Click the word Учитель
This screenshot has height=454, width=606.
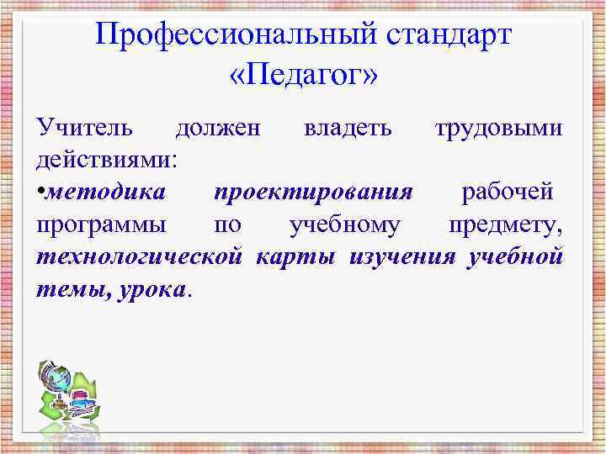coord(84,129)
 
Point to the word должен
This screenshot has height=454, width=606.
coord(218,129)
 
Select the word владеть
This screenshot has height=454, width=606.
coord(348,129)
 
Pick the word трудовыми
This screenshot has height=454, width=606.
coord(498,129)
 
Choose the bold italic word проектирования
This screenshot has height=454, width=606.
coord(313,192)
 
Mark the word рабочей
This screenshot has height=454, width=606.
coord(507,192)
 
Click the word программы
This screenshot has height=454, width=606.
coord(101,224)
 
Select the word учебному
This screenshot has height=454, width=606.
coord(344,224)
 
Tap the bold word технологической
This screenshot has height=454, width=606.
coord(140,256)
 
